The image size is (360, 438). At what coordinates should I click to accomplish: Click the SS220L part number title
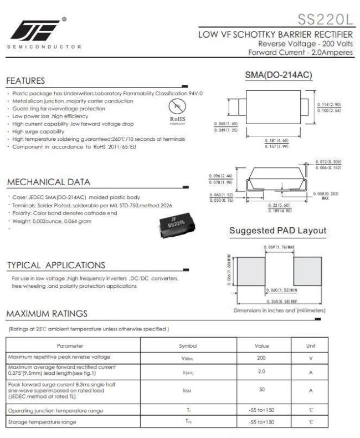(325, 20)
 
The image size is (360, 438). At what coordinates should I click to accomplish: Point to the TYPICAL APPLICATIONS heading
(55, 265)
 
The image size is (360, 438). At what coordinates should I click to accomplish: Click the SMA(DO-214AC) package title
(278, 75)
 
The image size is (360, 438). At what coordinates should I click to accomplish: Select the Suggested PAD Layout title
(277, 230)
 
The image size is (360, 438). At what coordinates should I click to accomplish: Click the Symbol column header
(188, 345)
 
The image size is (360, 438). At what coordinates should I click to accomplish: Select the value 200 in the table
(261, 357)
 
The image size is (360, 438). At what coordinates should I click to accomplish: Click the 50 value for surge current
(261, 390)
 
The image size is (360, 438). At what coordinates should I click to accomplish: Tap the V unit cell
(311, 357)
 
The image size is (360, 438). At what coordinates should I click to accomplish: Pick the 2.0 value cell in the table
(261, 371)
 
